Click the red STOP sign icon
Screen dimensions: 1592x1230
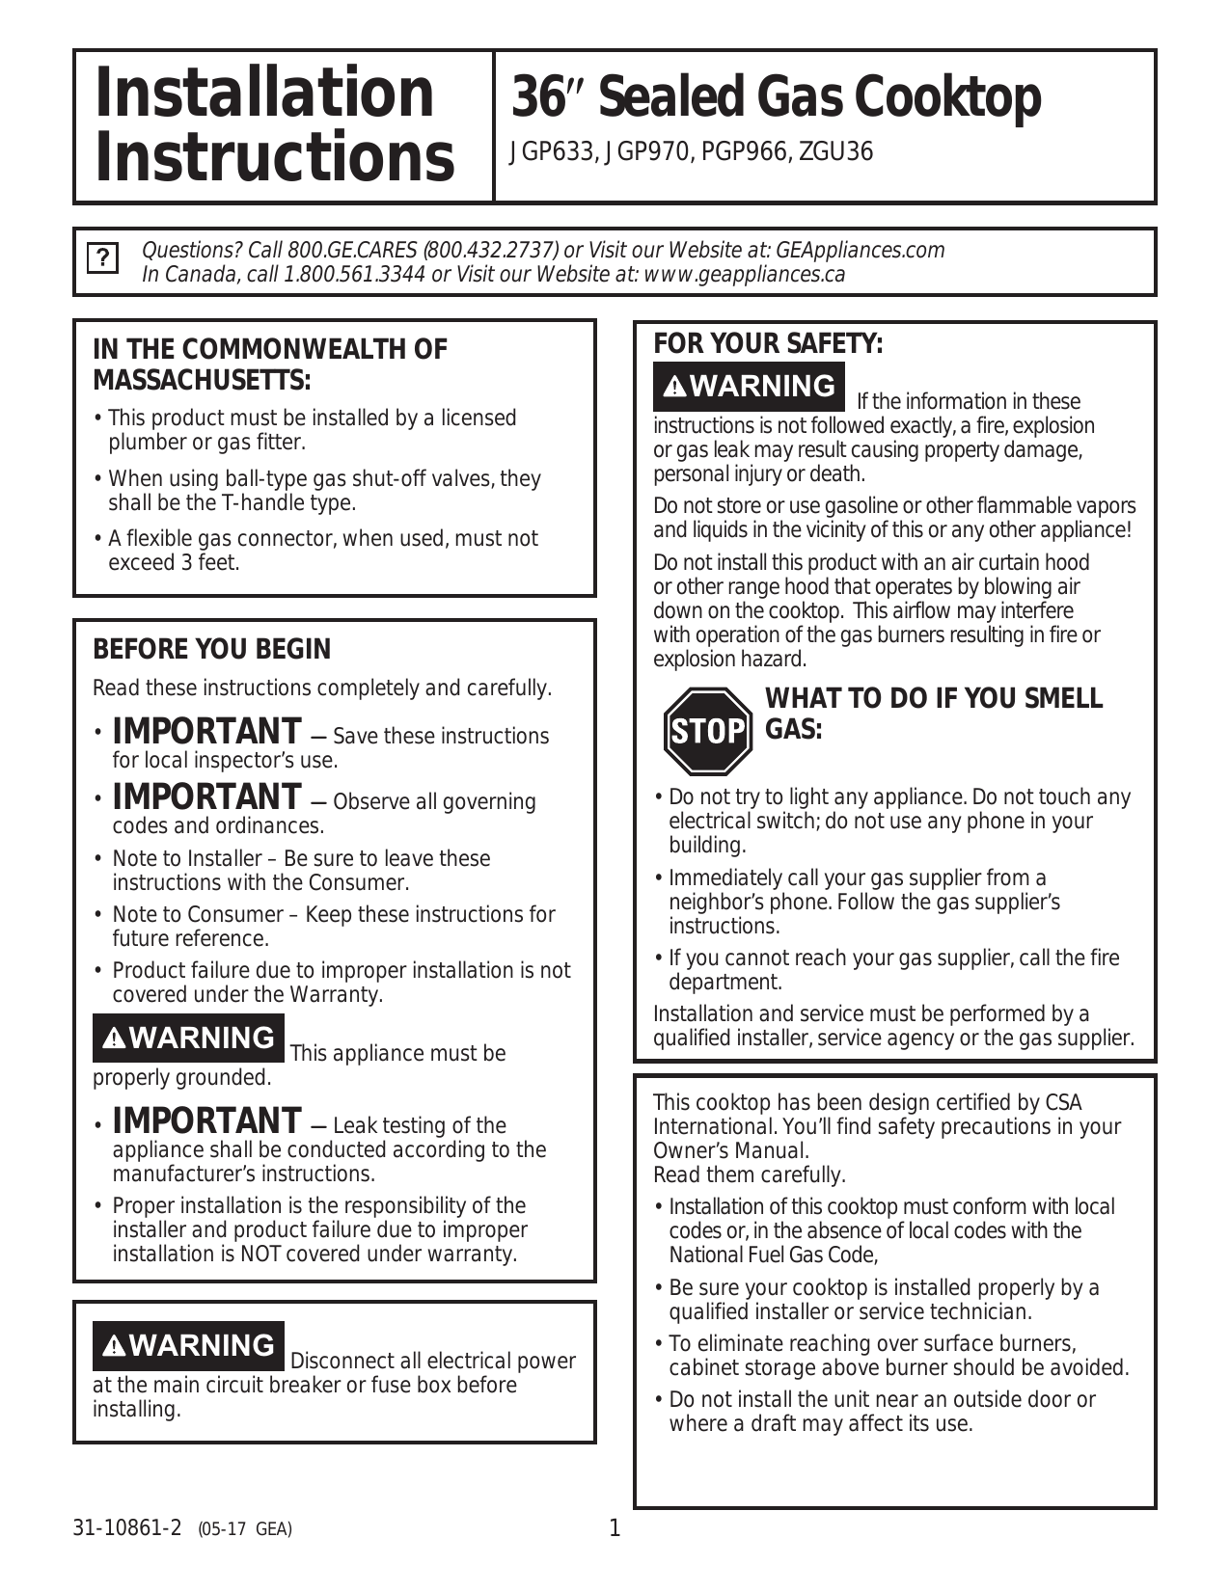tap(707, 731)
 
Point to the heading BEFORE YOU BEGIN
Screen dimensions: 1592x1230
tap(211, 650)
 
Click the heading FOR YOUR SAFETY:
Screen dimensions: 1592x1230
tap(768, 344)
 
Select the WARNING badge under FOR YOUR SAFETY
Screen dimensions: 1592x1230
tap(749, 386)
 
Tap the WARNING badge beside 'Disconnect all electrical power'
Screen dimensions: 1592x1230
tap(188, 1345)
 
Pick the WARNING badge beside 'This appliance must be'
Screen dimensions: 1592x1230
tap(188, 1038)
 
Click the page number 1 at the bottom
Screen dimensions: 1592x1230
tap(615, 1528)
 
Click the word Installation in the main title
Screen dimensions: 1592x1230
tap(264, 94)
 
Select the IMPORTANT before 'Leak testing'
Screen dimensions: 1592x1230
tap(206, 1121)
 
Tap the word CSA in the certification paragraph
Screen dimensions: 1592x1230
tap(1063, 1102)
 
